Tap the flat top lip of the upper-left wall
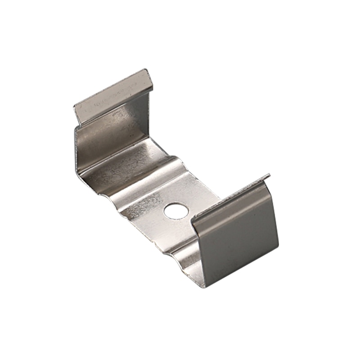(112, 96)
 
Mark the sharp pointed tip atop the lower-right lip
(269, 175)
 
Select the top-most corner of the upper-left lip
(145, 70)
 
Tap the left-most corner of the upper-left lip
(74, 107)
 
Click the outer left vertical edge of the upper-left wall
(77, 148)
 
